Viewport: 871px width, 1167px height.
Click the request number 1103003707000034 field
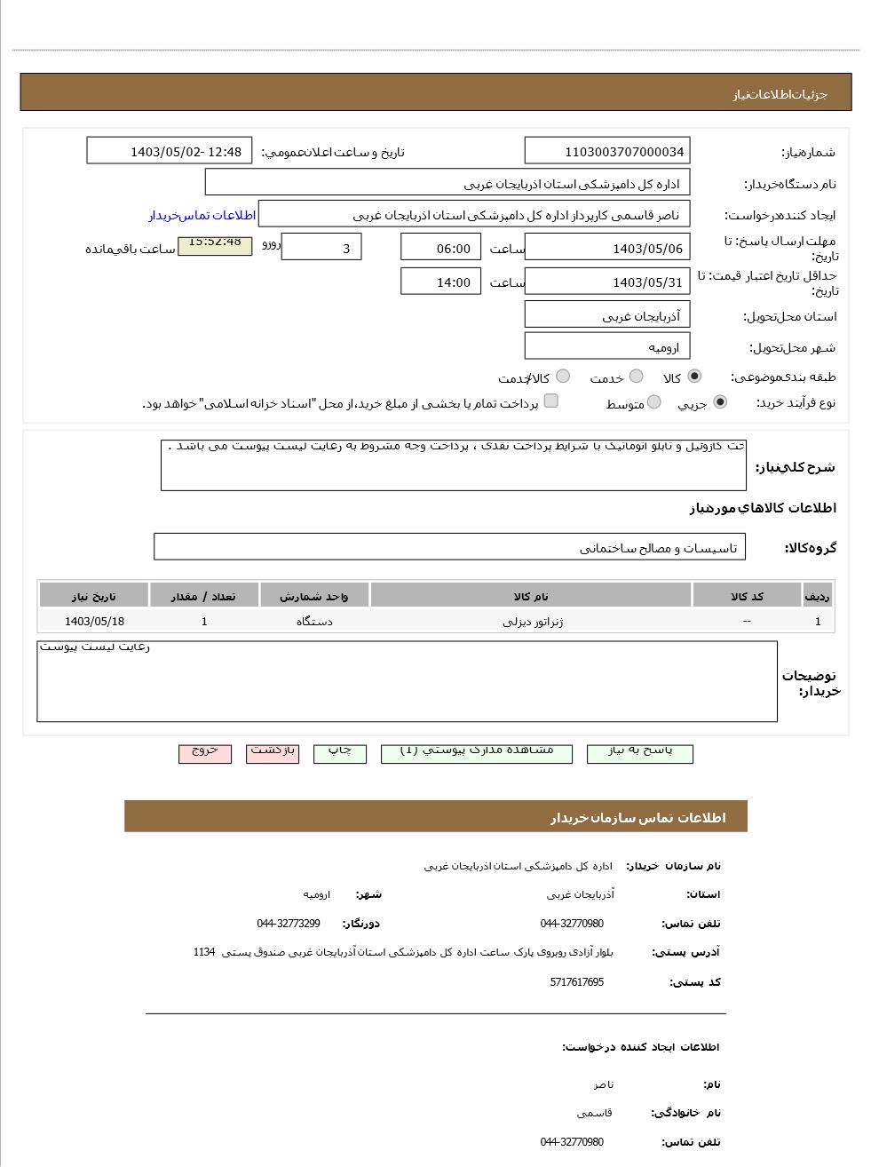606,152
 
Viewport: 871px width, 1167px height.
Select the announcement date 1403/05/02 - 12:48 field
170,151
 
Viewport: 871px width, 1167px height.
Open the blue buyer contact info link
202,215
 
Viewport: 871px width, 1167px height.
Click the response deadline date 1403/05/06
606,248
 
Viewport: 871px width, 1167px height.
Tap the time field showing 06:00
440,248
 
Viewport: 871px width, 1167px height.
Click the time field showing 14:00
440,282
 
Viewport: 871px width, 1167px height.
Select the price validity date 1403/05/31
606,282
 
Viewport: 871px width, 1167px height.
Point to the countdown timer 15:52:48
215,243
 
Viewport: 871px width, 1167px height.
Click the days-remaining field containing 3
321,248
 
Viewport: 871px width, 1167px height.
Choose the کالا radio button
693,377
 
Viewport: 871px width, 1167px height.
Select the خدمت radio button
636,377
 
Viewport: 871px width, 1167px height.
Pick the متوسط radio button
653,402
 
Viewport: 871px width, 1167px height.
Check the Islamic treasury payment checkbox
551,401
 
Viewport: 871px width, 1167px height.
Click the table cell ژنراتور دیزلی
532,622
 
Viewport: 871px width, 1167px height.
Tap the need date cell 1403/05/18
94,622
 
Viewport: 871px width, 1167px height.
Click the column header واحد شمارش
314,596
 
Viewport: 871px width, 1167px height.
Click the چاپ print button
340,752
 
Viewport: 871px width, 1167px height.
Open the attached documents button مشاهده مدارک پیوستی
476,752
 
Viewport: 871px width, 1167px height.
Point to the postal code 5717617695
576,982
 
